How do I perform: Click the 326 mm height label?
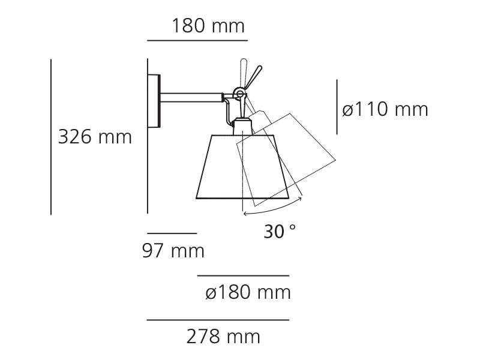tap(95, 137)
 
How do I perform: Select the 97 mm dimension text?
tap(173, 251)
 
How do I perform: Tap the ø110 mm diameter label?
tap(385, 109)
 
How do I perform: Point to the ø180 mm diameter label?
tap(248, 292)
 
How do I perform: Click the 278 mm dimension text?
tap(223, 337)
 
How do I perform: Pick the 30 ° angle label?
tap(280, 231)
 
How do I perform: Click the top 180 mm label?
tap(208, 26)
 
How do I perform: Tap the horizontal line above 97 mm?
tap(172, 233)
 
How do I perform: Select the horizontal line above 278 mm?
tap(218, 320)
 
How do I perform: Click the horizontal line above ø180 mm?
tap(244, 275)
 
